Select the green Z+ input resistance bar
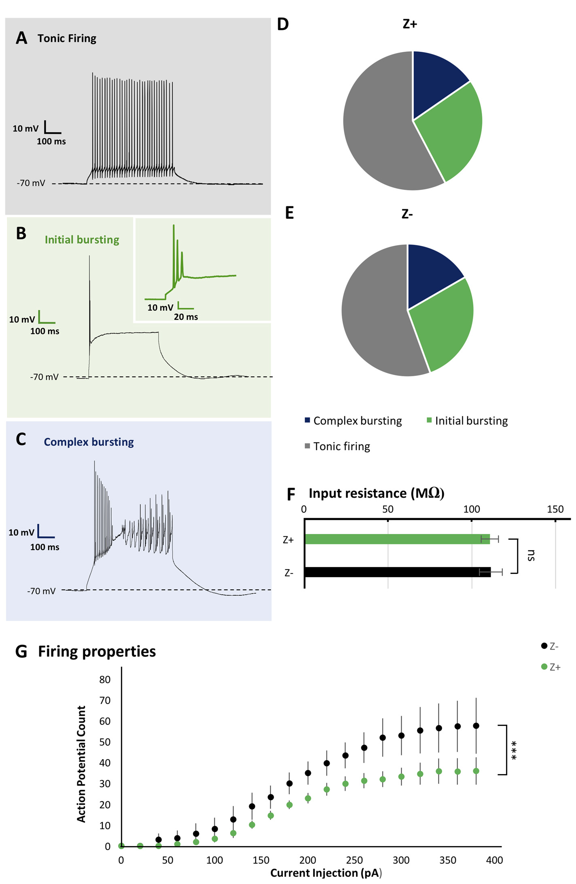click(x=396, y=539)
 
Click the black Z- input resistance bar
click(x=396, y=572)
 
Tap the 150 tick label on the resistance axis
click(x=555, y=509)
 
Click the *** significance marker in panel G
click(x=514, y=750)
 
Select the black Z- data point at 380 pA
click(x=476, y=726)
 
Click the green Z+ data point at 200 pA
click(x=308, y=798)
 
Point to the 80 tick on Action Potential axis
click(x=105, y=679)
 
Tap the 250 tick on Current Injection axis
click(x=354, y=860)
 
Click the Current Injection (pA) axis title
click(x=326, y=873)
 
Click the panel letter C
click(x=21, y=439)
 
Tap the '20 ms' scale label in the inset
click(x=186, y=317)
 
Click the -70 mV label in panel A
click(x=31, y=183)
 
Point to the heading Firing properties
click(x=97, y=651)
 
